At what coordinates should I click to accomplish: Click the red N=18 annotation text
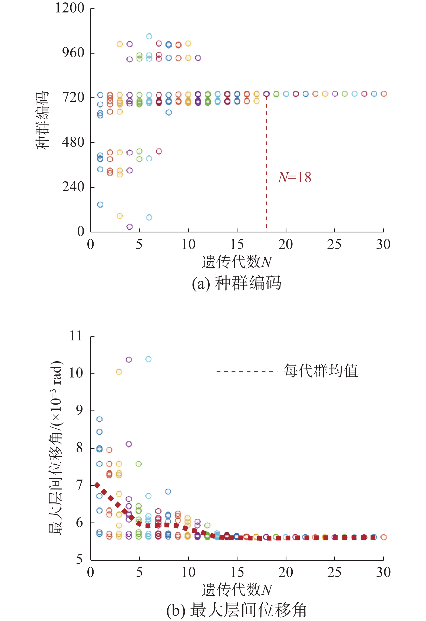point(294,178)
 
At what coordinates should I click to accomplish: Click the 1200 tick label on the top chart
point(70,8)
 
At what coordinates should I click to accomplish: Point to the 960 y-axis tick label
point(73,52)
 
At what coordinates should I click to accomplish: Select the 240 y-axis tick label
point(73,187)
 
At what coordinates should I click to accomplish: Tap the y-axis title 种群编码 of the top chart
point(42,120)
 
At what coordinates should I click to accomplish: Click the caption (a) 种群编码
point(237,283)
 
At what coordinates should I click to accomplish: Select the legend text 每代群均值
point(321,371)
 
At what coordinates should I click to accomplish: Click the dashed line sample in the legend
point(247,372)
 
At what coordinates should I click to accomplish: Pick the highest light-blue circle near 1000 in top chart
point(149,36)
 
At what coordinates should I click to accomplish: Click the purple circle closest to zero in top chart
point(130,227)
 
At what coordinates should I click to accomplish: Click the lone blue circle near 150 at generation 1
point(100,205)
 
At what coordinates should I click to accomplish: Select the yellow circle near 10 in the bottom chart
point(119,372)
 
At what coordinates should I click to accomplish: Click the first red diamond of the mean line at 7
point(97,485)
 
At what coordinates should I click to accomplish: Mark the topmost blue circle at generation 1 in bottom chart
point(100,419)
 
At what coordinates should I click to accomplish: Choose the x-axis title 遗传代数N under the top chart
point(237,262)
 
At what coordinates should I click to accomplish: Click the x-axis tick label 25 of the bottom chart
point(334,572)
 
